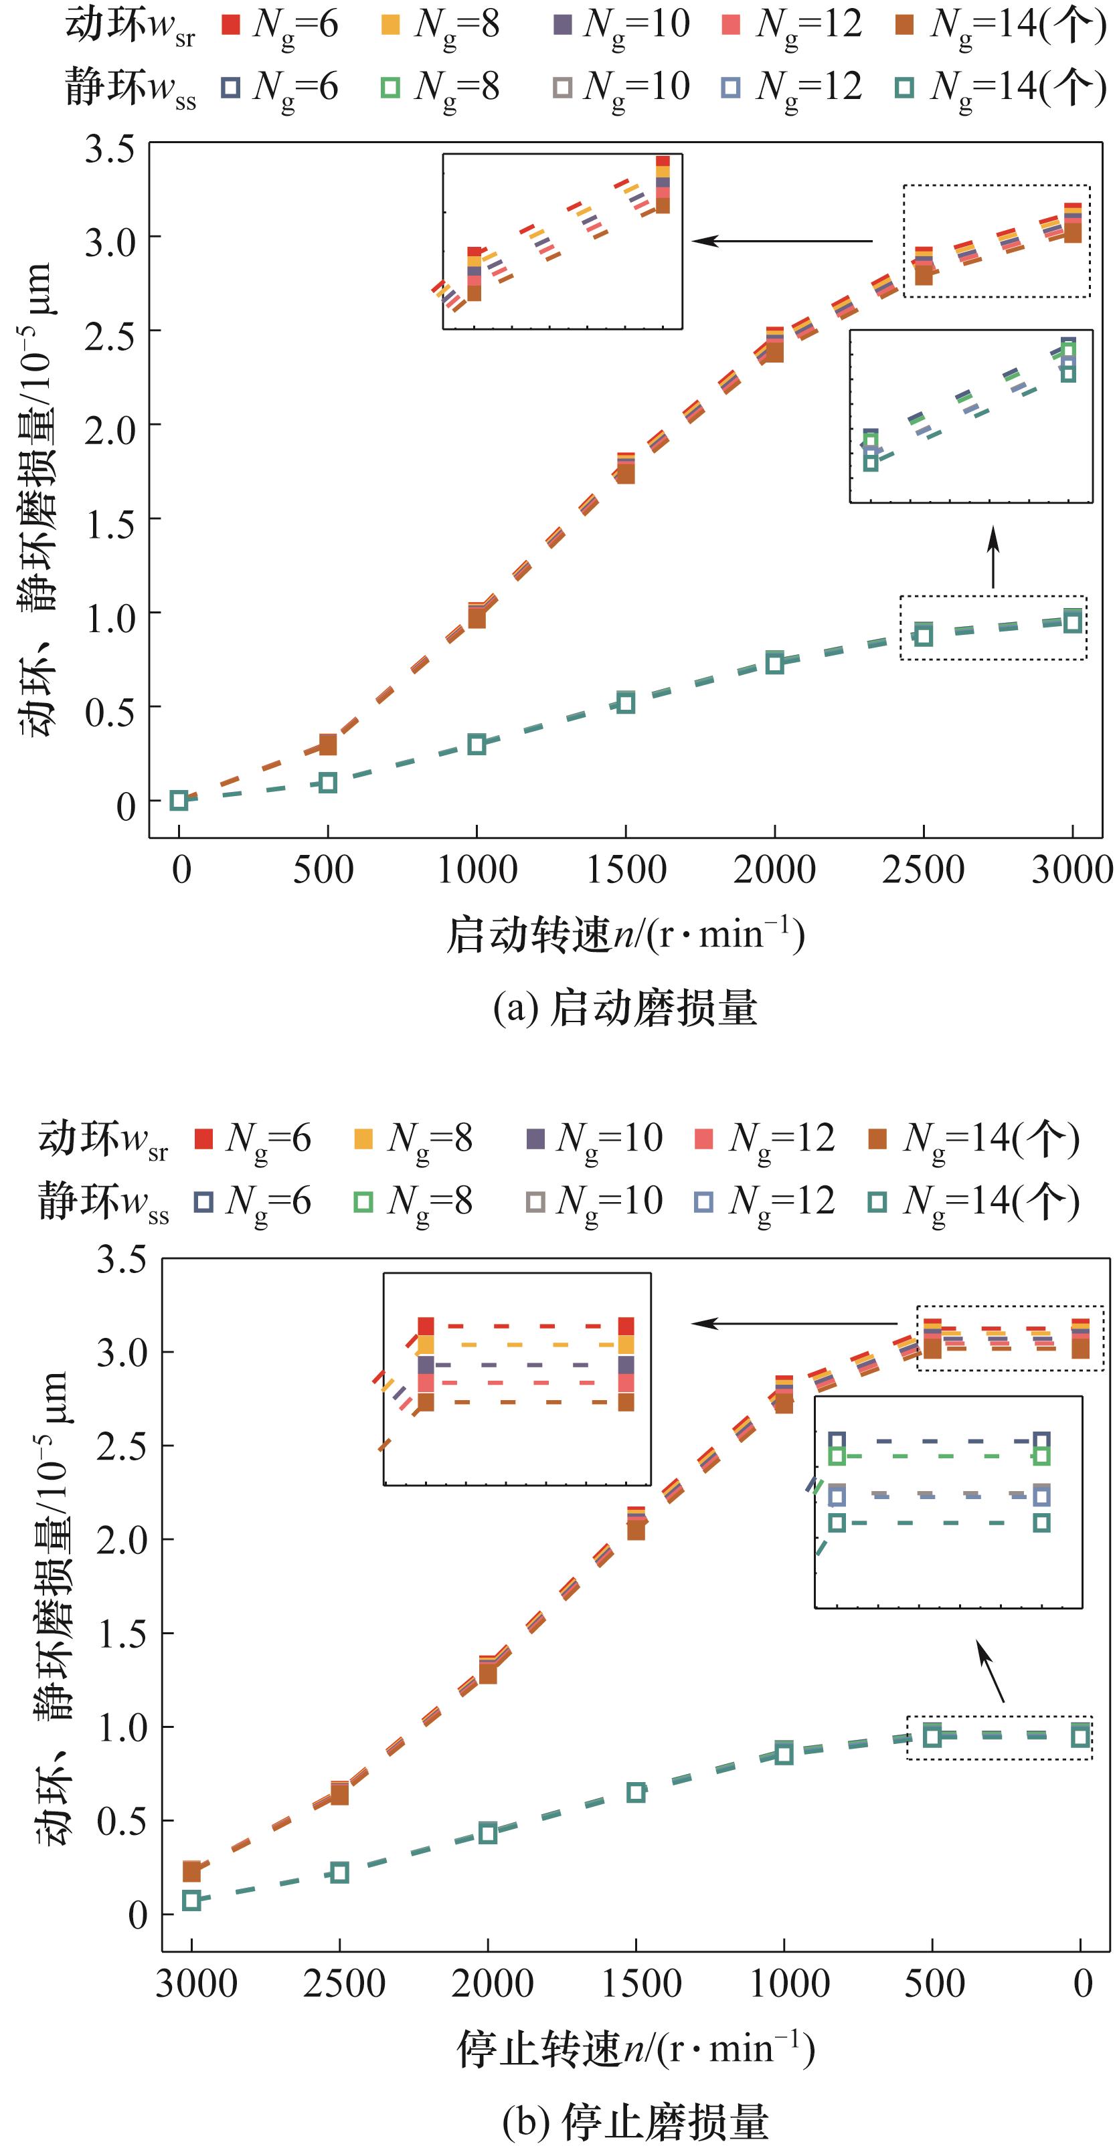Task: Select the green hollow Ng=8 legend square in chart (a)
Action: click(390, 88)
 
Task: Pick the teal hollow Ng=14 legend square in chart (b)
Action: click(877, 1201)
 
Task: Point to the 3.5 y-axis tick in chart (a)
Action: click(109, 150)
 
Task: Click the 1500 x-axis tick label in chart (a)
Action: click(626, 870)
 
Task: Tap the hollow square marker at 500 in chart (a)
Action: click(328, 783)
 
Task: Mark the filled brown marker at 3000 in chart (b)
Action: click(192, 1872)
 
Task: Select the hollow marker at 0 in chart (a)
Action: click(179, 801)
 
